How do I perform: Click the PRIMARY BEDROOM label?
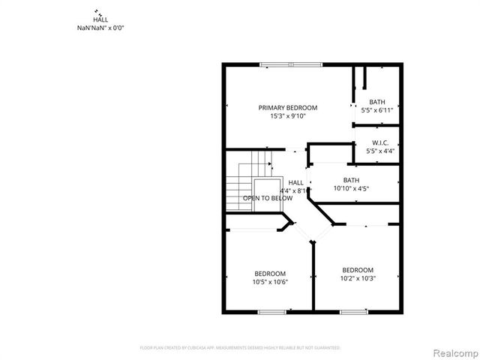click(x=288, y=108)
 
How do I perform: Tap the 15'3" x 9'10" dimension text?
click(x=288, y=116)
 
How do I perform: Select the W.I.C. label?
click(x=379, y=142)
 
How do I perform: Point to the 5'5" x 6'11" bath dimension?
click(x=377, y=110)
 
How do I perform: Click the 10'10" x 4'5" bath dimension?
click(x=351, y=188)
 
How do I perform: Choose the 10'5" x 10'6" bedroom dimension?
click(x=270, y=282)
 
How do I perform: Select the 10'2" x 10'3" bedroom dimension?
click(x=358, y=278)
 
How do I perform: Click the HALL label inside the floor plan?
click(x=296, y=182)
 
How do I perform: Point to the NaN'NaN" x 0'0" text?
click(x=100, y=28)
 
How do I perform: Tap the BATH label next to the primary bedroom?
click(x=377, y=102)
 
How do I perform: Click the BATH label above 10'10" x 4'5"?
click(x=351, y=180)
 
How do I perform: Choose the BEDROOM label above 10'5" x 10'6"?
click(x=270, y=274)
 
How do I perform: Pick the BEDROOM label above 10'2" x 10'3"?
click(x=358, y=270)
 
